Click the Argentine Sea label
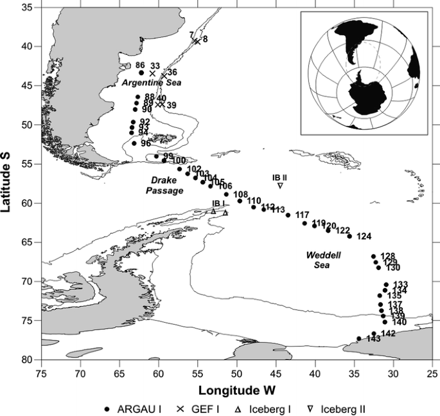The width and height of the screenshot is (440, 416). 152,83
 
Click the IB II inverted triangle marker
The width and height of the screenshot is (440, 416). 281,186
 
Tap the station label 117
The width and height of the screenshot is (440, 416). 302,215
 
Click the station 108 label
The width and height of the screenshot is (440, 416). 240,194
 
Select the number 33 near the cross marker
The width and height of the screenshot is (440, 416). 155,66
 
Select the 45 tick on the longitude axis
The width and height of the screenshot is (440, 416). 276,371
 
